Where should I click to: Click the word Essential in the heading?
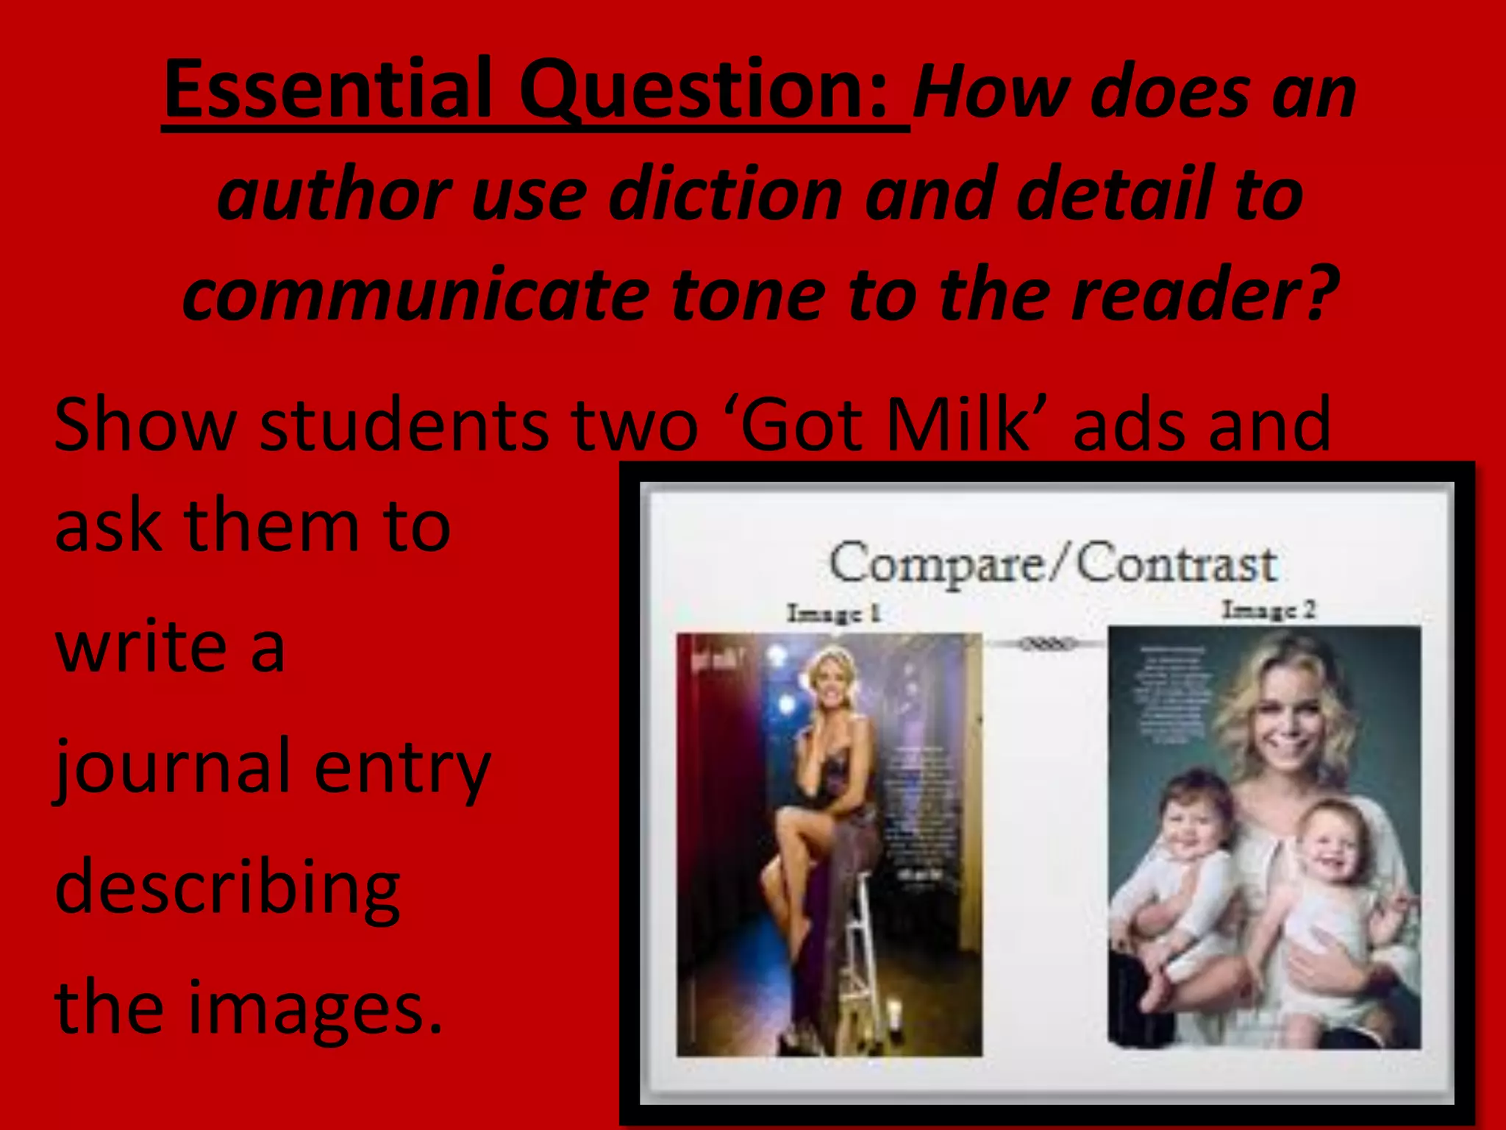point(328,90)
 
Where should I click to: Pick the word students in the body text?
point(404,424)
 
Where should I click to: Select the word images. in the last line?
point(316,1008)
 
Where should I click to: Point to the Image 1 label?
point(833,613)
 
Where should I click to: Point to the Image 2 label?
point(1268,610)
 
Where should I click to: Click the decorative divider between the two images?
point(1045,644)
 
